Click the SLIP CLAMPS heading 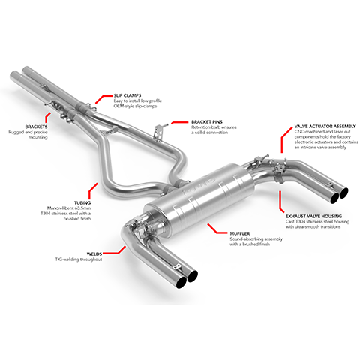click(x=127, y=96)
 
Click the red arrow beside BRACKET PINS click(x=176, y=121)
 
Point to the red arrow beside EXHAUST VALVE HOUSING click(x=280, y=198)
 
